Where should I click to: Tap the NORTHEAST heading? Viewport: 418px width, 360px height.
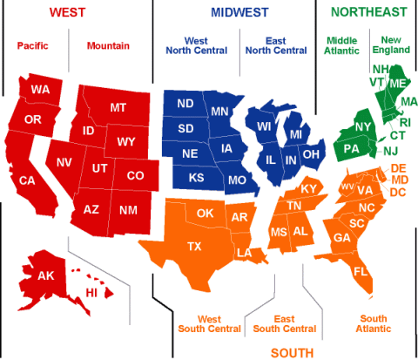(368, 12)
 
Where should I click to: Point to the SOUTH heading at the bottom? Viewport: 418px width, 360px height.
(293, 352)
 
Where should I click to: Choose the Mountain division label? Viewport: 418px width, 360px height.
(107, 45)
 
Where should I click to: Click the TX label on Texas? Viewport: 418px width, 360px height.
(194, 247)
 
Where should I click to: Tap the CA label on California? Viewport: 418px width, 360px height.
(27, 180)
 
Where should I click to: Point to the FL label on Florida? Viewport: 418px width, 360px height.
(361, 271)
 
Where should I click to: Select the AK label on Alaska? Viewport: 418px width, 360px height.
(45, 276)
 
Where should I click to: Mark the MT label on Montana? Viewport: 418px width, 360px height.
(118, 108)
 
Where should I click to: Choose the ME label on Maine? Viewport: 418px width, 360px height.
(397, 83)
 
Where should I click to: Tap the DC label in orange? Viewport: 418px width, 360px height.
(399, 192)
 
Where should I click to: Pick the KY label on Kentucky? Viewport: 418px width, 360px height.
(309, 189)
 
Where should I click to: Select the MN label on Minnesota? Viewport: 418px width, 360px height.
(219, 112)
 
